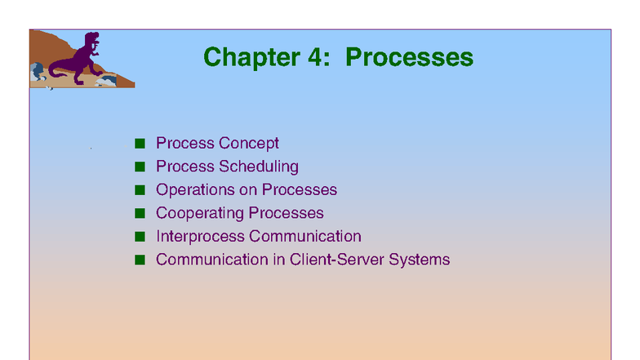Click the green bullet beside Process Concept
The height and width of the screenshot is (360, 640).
[x=140, y=144]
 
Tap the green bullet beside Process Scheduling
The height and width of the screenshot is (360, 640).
[x=140, y=167]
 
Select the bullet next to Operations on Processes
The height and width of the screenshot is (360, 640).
[x=140, y=190]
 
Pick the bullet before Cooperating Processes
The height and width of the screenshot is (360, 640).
[x=140, y=214]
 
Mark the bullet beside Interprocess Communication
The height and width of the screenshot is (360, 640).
[x=140, y=237]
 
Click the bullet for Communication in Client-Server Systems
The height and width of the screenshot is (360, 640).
[x=140, y=260]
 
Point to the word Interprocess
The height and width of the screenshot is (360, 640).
[x=200, y=237]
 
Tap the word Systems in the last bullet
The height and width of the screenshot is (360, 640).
[x=421, y=260]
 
